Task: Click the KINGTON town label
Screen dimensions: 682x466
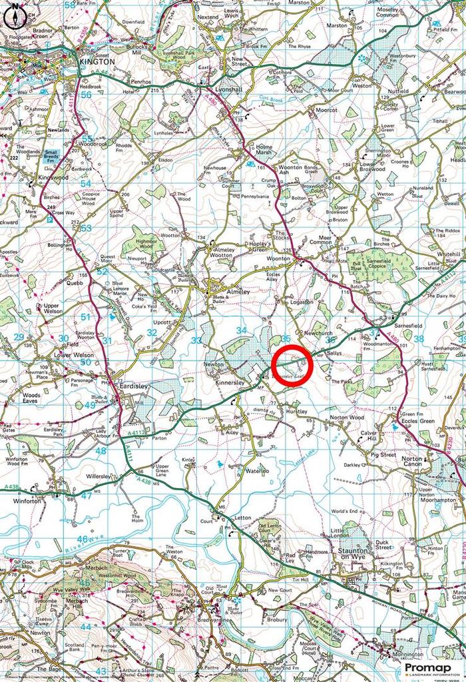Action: [97, 61]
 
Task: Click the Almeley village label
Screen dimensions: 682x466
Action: [238, 292]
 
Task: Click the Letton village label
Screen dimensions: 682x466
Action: [243, 517]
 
